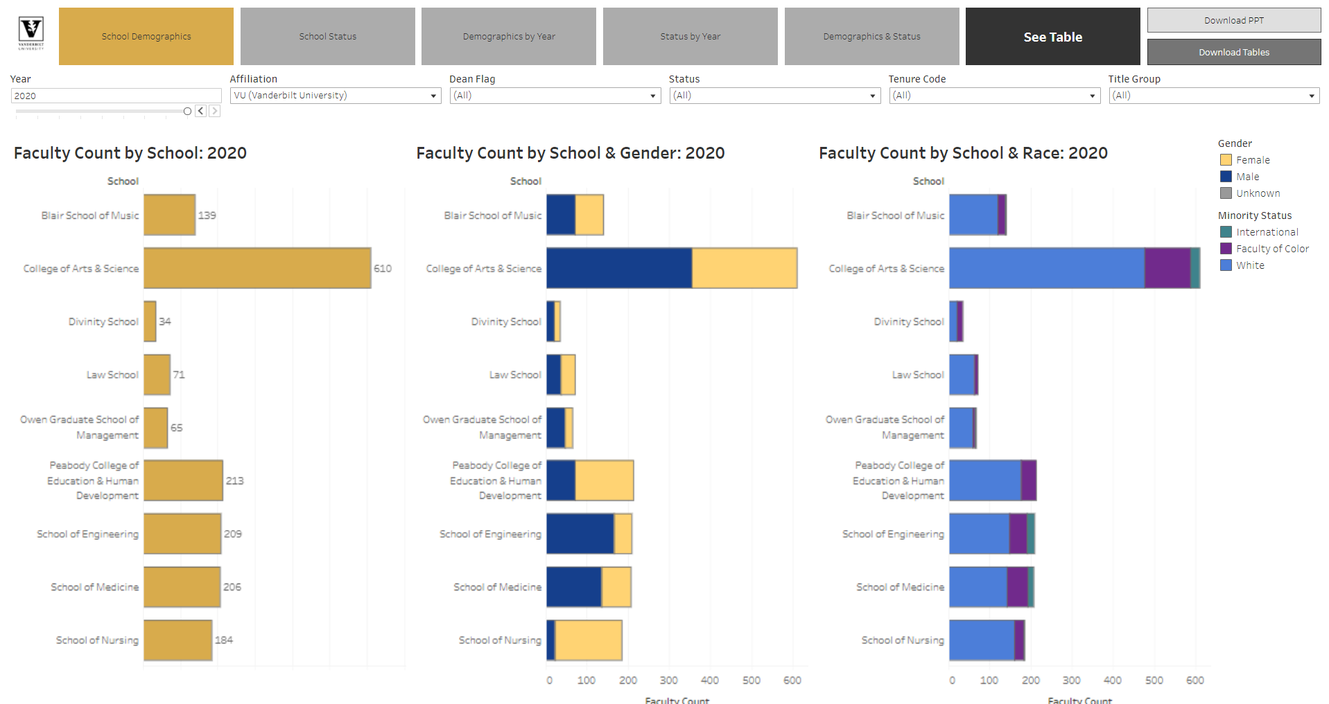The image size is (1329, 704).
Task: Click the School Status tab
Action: [x=327, y=36]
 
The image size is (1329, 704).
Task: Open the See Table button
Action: [x=1052, y=37]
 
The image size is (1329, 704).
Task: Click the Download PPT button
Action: [x=1233, y=20]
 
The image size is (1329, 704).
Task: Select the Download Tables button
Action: [x=1233, y=52]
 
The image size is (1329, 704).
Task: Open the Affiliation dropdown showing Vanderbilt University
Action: [x=336, y=96]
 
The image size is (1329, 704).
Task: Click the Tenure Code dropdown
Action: [x=993, y=96]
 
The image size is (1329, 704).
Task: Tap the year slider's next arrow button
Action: [x=215, y=111]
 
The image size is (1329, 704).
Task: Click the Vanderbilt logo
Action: [x=31, y=33]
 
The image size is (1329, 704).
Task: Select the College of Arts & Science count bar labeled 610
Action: [x=257, y=268]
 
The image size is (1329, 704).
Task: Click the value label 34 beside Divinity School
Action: [x=165, y=322]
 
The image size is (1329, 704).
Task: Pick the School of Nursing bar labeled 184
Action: [x=177, y=640]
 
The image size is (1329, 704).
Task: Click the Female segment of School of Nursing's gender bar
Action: [x=588, y=640]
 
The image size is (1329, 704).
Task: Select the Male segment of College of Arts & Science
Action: [x=618, y=268]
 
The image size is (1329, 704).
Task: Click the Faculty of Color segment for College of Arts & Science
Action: [x=1167, y=268]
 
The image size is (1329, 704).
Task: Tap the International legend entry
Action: [x=1267, y=232]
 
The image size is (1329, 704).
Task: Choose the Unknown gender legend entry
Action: [x=1258, y=193]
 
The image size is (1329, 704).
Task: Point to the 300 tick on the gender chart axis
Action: [x=668, y=680]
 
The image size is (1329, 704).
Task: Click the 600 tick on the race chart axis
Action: [x=1195, y=680]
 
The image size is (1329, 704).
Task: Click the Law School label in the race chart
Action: [x=917, y=375]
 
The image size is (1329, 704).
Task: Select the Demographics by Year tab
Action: [x=509, y=36]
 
